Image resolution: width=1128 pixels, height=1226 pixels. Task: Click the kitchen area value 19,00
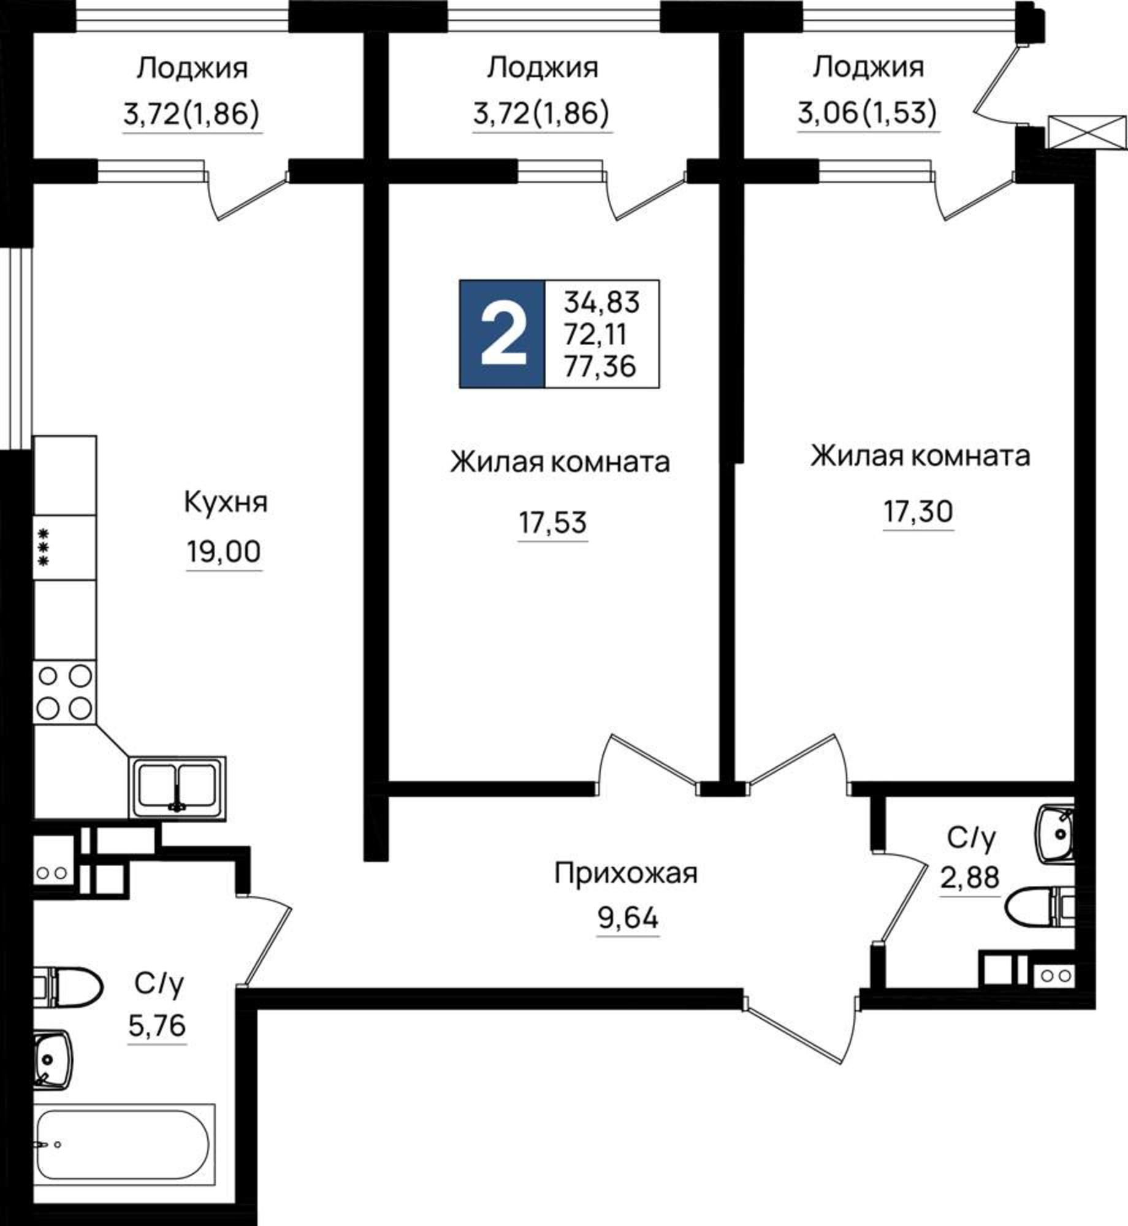(x=224, y=552)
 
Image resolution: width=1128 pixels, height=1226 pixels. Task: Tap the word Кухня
(x=226, y=503)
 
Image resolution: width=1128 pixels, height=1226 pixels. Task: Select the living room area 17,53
(x=552, y=523)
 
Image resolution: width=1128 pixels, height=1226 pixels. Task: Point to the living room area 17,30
(x=918, y=511)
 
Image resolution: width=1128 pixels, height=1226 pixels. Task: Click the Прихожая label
(x=626, y=873)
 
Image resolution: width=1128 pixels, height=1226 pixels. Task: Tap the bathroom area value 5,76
(x=157, y=1024)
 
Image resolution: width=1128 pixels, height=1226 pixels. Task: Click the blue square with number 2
(x=502, y=334)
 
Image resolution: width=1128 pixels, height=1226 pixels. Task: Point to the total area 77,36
(x=600, y=367)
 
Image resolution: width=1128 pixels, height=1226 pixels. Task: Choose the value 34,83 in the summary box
(x=602, y=302)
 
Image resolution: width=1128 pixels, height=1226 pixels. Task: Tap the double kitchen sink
(x=177, y=788)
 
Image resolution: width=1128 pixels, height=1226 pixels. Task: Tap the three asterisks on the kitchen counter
(x=44, y=547)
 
